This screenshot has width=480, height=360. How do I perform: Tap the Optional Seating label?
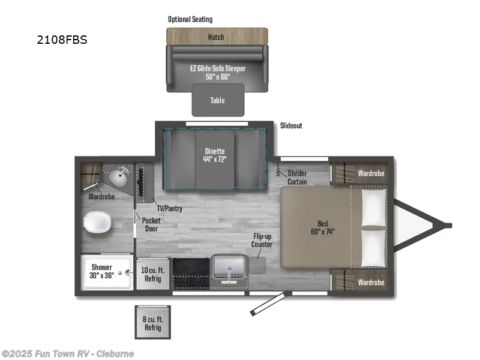[x=190, y=19]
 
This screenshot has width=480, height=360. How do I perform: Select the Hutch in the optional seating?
[x=216, y=37]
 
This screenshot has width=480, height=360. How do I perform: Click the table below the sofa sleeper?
[x=218, y=100]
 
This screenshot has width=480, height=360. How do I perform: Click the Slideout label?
[x=291, y=125]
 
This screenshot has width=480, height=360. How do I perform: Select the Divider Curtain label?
[x=297, y=178]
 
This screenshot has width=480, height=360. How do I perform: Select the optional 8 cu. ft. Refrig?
[x=152, y=322]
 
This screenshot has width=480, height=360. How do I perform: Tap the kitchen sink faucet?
[x=229, y=273]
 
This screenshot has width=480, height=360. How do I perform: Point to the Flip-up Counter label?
[x=262, y=240]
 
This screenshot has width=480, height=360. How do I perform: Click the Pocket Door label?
[x=151, y=224]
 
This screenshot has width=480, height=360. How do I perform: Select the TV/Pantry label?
[x=169, y=209]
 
